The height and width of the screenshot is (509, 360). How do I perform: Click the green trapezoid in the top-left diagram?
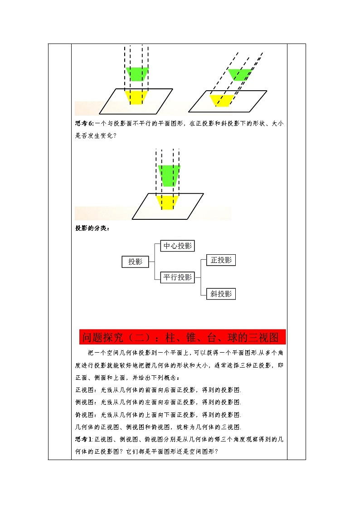(137, 74)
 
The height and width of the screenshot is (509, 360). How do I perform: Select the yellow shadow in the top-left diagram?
(136, 97)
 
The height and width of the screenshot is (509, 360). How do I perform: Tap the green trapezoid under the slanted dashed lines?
(240, 75)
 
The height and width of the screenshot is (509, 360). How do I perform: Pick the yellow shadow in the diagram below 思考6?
(167, 202)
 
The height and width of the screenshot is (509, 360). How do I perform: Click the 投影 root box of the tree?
(135, 262)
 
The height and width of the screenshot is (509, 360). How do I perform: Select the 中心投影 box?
(178, 246)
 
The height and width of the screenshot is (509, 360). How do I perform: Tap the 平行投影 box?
(178, 277)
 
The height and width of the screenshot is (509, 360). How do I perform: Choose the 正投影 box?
(221, 260)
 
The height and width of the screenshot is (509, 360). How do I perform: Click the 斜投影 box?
(221, 294)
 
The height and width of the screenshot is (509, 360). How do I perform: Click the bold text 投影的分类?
(92, 228)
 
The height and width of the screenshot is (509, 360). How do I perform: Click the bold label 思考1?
(83, 439)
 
